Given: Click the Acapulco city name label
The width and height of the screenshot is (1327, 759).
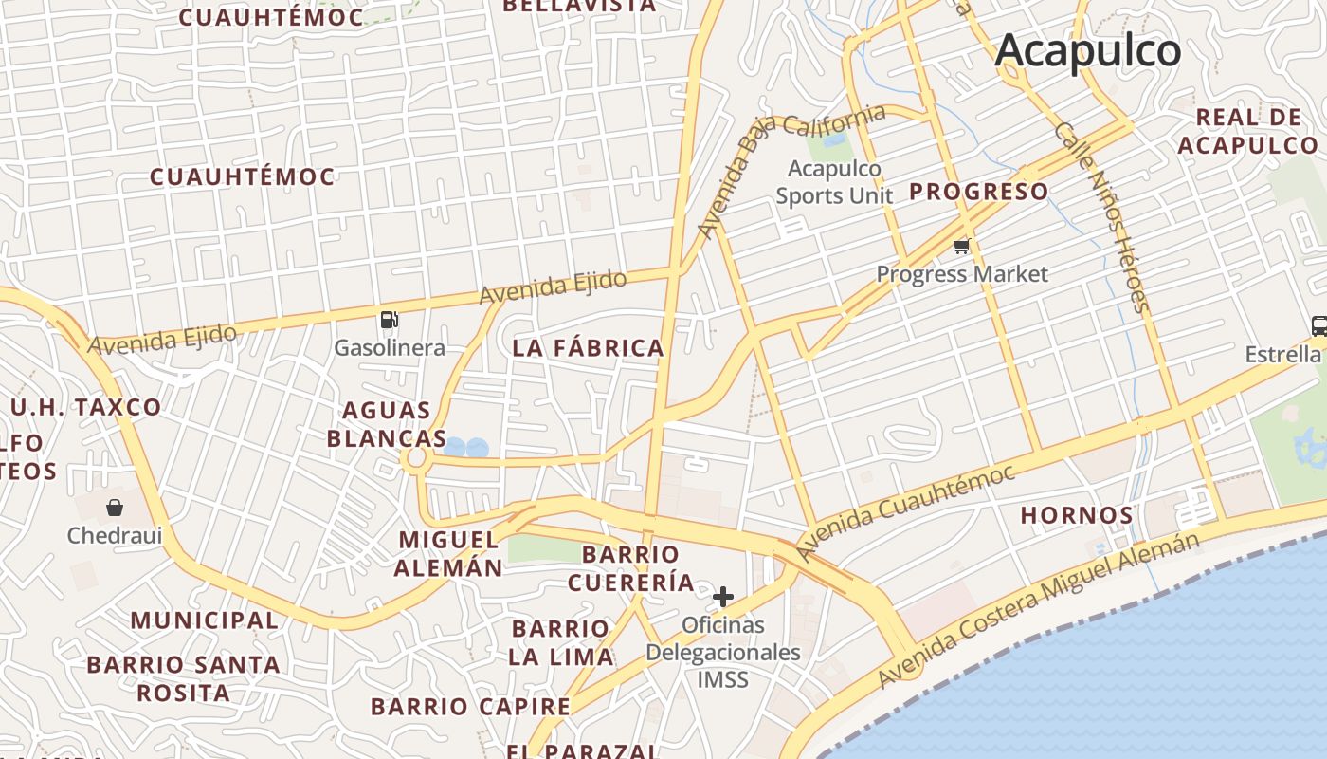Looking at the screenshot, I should click(1087, 49).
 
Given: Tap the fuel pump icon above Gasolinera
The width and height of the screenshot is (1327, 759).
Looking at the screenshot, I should click(389, 320).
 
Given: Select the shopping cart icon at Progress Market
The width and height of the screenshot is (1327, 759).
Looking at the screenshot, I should click(961, 247).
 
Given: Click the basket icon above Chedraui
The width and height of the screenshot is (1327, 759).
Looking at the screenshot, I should click(115, 508).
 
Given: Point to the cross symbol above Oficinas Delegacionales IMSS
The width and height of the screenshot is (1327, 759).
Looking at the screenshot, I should click(723, 596).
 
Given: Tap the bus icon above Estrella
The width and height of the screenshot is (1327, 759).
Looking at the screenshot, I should click(1318, 325).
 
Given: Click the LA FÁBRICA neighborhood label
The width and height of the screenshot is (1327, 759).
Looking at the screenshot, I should click(588, 348).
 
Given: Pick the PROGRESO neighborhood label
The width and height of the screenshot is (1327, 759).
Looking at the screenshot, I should click(979, 192).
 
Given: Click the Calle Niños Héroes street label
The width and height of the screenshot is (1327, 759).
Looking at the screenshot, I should click(1101, 216).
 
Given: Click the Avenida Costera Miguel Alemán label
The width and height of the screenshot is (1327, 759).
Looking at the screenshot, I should click(1037, 609).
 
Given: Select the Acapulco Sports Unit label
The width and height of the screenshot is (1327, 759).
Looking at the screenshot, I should click(834, 182).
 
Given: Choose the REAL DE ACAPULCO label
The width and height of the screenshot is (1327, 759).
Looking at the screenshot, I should click(1247, 132).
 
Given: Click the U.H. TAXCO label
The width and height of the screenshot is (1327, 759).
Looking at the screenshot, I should click(86, 408).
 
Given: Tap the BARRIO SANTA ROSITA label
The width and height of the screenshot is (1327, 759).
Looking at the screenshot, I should click(183, 678).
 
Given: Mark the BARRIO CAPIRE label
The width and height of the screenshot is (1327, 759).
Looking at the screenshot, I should click(470, 707).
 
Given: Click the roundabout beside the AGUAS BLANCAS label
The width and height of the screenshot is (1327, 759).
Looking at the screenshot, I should click(415, 460).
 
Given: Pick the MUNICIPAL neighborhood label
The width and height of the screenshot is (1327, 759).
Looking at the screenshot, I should click(204, 620).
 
